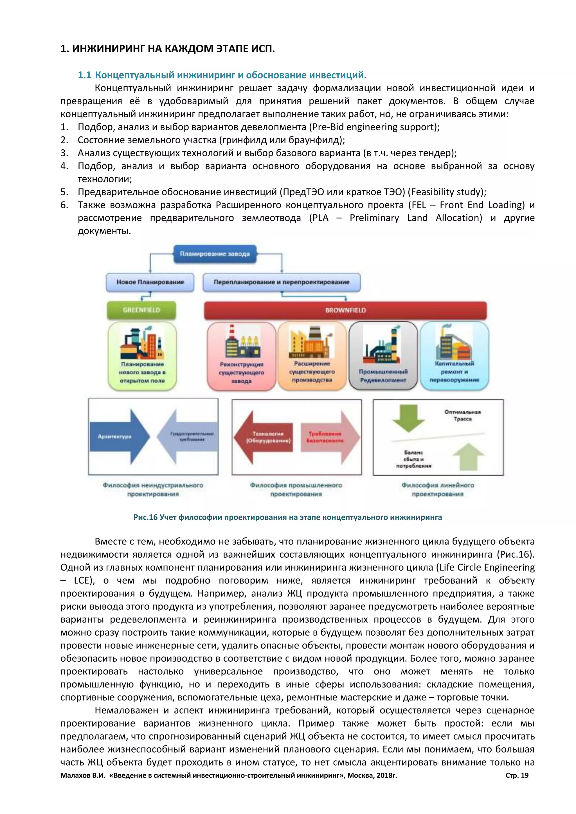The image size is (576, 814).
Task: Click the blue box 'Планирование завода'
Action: tap(215, 254)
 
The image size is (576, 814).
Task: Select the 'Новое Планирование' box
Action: tap(150, 282)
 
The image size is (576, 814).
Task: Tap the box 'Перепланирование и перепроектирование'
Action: tap(281, 282)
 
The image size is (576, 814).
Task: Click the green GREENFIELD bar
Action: tap(141, 310)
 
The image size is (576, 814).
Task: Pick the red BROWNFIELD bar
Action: tap(345, 310)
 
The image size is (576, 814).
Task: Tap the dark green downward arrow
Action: tap(409, 418)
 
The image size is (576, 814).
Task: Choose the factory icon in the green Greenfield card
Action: tap(142, 342)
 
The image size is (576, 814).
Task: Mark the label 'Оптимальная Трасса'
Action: tap(462, 415)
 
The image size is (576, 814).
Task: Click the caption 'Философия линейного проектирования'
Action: tap(438, 489)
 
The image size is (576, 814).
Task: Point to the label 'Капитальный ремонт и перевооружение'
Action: tap(454, 372)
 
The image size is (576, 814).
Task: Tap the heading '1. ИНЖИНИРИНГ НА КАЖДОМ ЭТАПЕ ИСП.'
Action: tap(167, 49)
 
